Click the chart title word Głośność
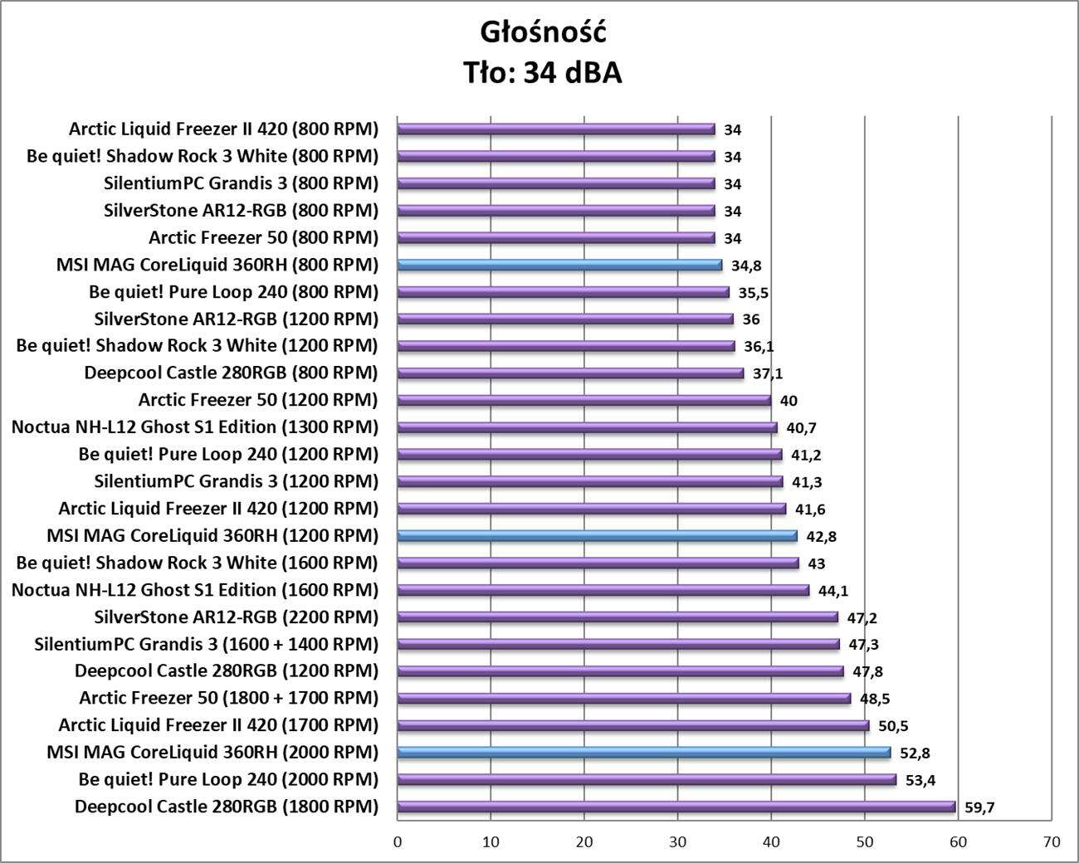(543, 32)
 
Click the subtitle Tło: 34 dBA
(543, 73)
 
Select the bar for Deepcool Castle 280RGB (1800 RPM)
(676, 807)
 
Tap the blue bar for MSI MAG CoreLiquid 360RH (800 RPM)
(559, 265)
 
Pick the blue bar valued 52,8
(644, 753)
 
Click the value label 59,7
(979, 807)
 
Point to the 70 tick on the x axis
(1052, 842)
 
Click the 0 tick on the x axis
(398, 842)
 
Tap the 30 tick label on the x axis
(678, 842)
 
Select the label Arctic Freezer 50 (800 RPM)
(263, 237)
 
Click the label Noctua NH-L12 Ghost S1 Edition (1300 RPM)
(195, 427)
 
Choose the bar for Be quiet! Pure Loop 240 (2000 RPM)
(647, 779)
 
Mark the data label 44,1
(833, 591)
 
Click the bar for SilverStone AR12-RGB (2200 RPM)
(618, 617)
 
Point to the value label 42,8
(821, 536)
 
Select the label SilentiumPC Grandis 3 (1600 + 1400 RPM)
(207, 644)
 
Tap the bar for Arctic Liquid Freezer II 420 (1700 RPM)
(633, 725)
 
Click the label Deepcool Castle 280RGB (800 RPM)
(231, 373)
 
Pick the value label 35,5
(753, 293)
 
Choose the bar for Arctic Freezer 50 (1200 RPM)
(584, 400)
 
